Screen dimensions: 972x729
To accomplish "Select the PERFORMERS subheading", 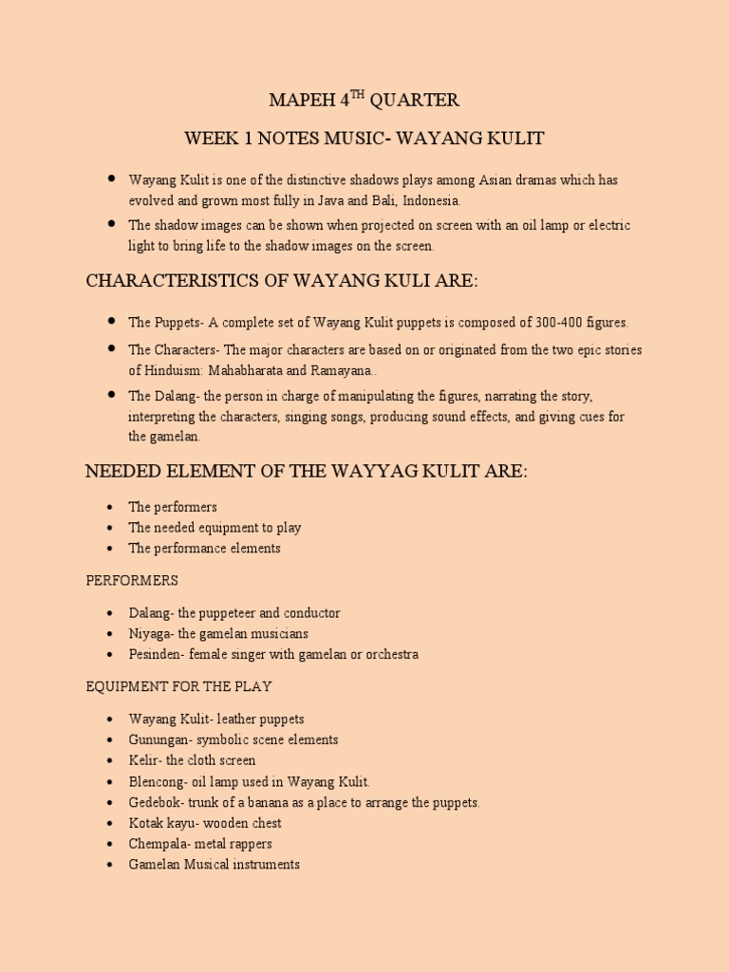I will click(132, 580).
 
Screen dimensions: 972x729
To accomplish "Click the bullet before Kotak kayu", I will click(110, 823).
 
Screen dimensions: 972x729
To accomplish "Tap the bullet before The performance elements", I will click(110, 548).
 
